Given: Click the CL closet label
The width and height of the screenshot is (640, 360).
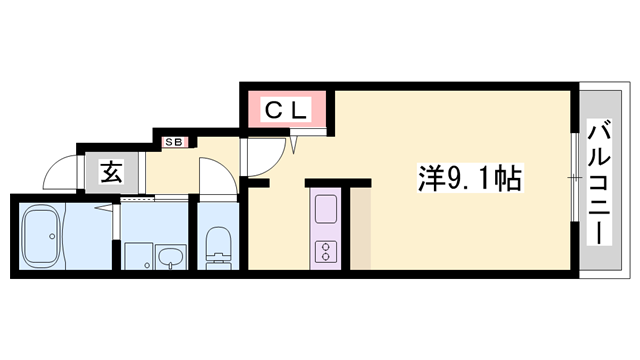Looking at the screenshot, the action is point(285,109).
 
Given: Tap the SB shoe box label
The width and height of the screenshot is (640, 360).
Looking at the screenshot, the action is point(174,142).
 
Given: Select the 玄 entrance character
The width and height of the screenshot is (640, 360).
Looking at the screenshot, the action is point(111,172).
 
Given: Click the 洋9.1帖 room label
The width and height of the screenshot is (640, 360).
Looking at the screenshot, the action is point(470,178).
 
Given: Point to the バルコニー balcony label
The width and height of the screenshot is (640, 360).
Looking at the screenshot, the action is point(599,182).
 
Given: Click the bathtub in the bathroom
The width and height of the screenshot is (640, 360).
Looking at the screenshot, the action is point(42,236).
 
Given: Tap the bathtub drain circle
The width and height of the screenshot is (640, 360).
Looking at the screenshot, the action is point(52,236).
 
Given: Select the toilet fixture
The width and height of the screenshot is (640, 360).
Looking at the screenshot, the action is point(218,248).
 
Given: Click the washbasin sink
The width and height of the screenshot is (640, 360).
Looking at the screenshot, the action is point(171,257).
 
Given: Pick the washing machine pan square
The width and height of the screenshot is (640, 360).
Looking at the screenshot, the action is point(139,256).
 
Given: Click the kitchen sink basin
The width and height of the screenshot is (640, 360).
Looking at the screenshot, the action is point(326,209).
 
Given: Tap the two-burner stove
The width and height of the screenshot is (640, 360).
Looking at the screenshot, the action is point(326,251).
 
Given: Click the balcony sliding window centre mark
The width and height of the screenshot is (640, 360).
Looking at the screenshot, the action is point(575,178).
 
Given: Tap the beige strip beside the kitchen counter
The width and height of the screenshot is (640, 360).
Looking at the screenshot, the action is point(360,229).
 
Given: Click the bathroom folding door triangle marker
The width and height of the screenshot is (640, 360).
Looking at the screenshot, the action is point(104,208).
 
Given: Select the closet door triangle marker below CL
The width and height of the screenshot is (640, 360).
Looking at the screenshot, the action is point(294,145).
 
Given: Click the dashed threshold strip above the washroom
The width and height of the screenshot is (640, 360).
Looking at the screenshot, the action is point(138,199).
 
